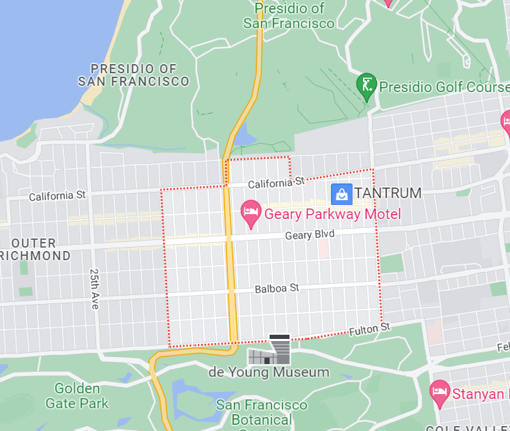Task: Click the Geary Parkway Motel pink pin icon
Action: pyautogui.click(x=250, y=213)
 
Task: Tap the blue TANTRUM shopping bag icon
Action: pyautogui.click(x=341, y=193)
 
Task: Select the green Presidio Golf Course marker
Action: pyautogui.click(x=366, y=85)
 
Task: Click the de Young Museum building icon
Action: pyautogui.click(x=269, y=350)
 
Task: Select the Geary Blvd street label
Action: pyautogui.click(x=309, y=236)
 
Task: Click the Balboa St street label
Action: pyautogui.click(x=277, y=288)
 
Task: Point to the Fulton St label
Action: pyautogui.click(x=369, y=328)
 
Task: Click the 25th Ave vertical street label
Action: pyautogui.click(x=95, y=289)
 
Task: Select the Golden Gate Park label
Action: pyautogui.click(x=77, y=395)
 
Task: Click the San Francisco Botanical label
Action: pyautogui.click(x=261, y=412)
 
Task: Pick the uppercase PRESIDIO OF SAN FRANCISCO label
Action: pyautogui.click(x=133, y=75)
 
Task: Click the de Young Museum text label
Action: pyautogui.click(x=268, y=372)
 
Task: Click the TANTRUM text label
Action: pyautogui.click(x=387, y=193)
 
